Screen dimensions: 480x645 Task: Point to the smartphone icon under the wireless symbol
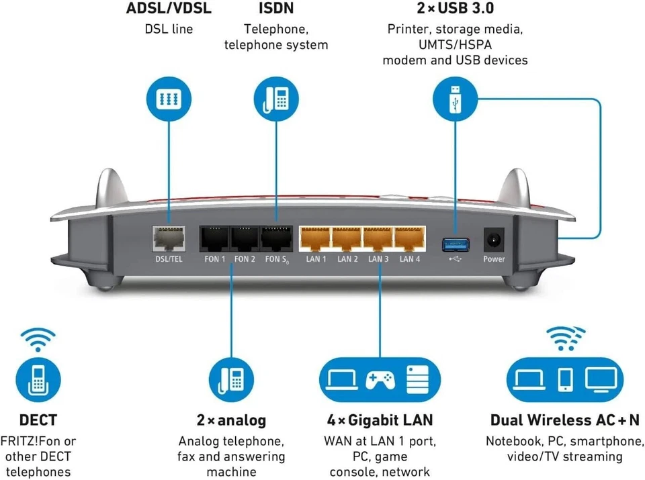point(566,380)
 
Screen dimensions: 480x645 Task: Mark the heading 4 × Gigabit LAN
point(380,420)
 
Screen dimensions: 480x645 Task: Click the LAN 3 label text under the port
point(378,259)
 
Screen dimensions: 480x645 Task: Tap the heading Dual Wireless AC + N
point(565,420)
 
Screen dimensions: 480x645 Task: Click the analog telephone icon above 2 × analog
point(231,380)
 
